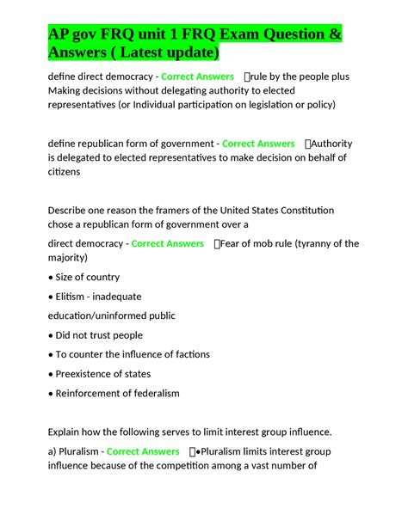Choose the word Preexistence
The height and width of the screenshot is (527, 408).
(90, 374)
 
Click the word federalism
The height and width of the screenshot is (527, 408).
(151, 393)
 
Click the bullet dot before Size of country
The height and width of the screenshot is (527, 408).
(51, 278)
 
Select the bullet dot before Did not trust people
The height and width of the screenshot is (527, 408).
(51, 335)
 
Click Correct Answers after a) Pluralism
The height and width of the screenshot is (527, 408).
(143, 451)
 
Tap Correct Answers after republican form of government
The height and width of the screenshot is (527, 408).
(258, 144)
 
